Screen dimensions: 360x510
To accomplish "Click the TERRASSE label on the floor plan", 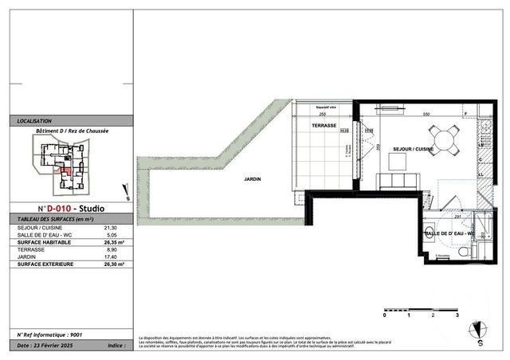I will [x=324, y=126].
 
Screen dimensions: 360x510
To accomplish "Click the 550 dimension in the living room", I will [x=426, y=115].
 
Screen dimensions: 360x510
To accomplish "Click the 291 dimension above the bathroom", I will [x=458, y=216].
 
